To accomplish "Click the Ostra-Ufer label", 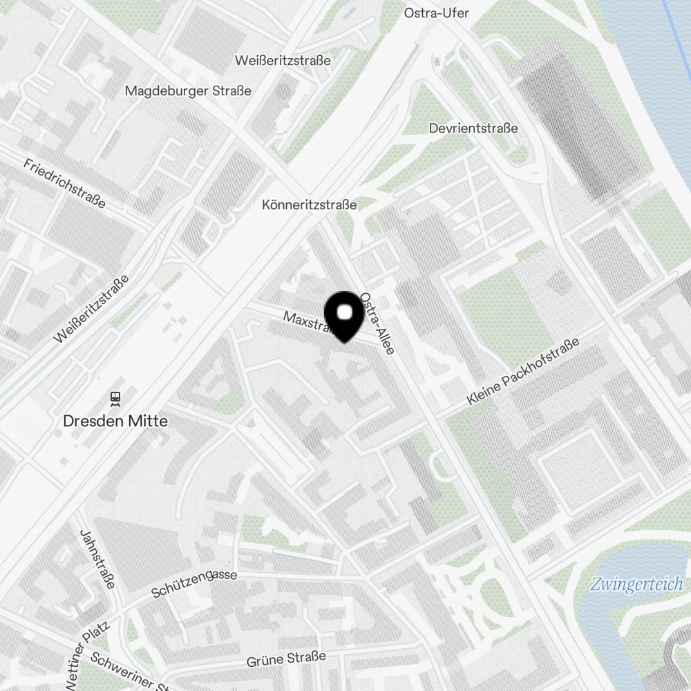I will tap(436, 13).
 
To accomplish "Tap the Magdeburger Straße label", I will tap(188, 91).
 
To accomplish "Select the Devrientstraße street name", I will tap(473, 129).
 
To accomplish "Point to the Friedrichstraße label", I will tap(64, 183).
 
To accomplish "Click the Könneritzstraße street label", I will tap(309, 205).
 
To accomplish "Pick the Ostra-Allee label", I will tap(377, 324).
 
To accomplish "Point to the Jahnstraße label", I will tap(97, 560).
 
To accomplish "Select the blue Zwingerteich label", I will tap(636, 585).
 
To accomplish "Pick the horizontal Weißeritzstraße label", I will tap(283, 60).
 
